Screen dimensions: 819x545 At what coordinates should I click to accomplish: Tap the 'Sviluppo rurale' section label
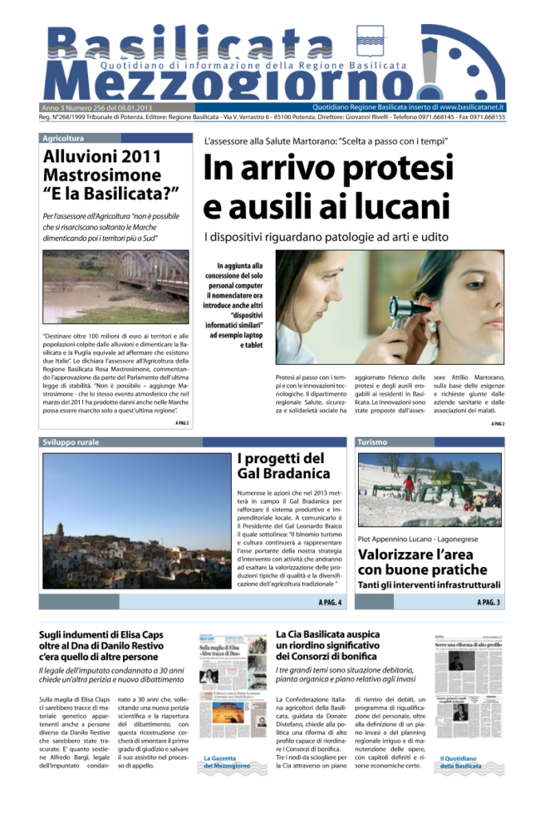71,441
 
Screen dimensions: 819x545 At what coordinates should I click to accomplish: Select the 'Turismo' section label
372,441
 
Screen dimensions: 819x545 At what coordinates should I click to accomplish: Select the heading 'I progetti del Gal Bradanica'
280,466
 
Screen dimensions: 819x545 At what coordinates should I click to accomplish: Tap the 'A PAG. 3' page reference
488,601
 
